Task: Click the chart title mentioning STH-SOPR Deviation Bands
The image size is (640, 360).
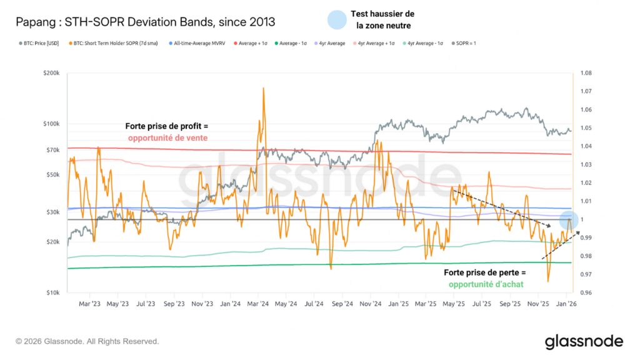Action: (x=144, y=22)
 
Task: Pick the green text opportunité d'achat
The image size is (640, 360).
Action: (x=486, y=284)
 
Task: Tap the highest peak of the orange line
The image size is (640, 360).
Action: (x=264, y=88)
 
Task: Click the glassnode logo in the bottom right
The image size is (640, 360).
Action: (x=584, y=341)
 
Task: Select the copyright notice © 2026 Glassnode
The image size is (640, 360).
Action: (x=87, y=341)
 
